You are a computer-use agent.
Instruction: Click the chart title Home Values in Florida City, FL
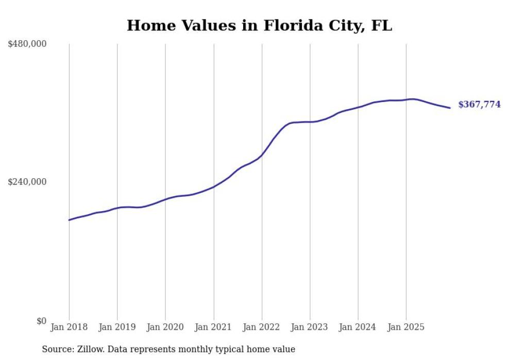(x=259, y=26)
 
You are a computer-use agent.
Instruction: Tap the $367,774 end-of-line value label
(x=479, y=105)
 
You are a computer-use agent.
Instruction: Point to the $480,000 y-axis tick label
(x=27, y=44)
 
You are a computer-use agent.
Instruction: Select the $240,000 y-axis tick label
(x=27, y=182)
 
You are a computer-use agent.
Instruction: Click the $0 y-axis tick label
(x=41, y=321)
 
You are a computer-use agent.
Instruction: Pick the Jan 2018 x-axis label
(x=69, y=327)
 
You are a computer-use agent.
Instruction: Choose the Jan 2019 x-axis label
(x=117, y=327)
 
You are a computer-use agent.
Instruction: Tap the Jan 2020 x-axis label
(x=165, y=327)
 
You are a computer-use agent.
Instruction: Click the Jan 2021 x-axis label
(x=213, y=327)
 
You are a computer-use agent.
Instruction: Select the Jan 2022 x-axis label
(x=262, y=327)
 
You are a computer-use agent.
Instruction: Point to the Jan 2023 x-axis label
(x=310, y=327)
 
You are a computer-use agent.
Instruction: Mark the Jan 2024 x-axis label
(x=358, y=327)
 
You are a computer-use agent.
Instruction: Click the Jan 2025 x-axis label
(x=406, y=327)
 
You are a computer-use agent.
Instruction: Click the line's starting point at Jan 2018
(x=69, y=220)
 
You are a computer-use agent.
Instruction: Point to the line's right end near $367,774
(x=450, y=108)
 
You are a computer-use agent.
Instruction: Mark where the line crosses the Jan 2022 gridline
(x=262, y=154)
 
